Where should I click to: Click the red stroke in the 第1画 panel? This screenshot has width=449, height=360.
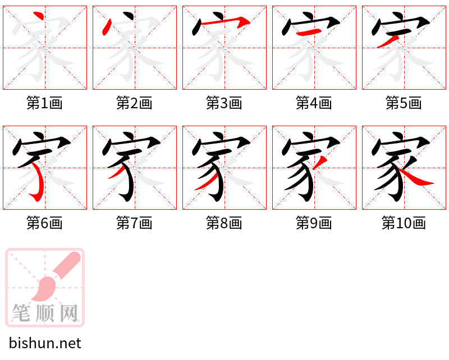39,16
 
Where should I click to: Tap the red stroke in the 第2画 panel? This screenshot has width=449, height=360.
107,27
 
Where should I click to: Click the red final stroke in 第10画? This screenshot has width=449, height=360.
416,178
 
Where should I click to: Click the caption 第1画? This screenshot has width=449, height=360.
44,103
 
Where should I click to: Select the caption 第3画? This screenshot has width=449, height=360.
224,103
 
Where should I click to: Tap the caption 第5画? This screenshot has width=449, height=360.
404,103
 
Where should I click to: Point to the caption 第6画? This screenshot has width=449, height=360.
44,223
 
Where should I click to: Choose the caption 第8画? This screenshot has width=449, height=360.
224,223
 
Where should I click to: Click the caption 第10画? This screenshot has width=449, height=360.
404,223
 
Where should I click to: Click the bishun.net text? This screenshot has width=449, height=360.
45,343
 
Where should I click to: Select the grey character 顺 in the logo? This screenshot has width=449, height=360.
45,313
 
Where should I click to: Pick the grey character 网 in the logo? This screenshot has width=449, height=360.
69,313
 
